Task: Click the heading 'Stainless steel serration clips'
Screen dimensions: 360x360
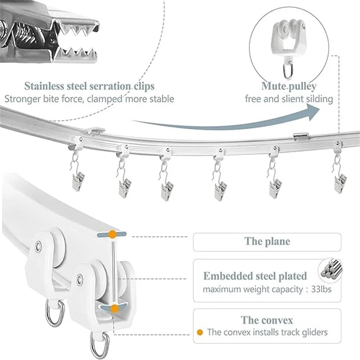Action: pyautogui.click(x=90, y=85)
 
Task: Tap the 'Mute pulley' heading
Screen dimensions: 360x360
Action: pyautogui.click(x=288, y=86)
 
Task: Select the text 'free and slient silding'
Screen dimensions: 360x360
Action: pyautogui.click(x=289, y=99)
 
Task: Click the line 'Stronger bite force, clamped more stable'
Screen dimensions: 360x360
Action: pyautogui.click(x=89, y=99)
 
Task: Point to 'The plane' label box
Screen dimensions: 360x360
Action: pyautogui.click(x=267, y=242)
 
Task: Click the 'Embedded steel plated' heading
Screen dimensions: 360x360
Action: pyautogui.click(x=255, y=276)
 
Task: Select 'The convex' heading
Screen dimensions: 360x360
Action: pyautogui.click(x=267, y=320)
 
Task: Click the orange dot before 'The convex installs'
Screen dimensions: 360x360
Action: pyautogui.click(x=199, y=333)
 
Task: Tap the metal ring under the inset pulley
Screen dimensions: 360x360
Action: pyautogui.click(x=288, y=71)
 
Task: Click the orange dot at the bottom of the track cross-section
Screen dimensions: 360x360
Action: pyautogui.click(x=115, y=308)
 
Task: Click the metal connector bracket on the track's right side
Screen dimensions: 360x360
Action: pyautogui.click(x=300, y=135)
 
